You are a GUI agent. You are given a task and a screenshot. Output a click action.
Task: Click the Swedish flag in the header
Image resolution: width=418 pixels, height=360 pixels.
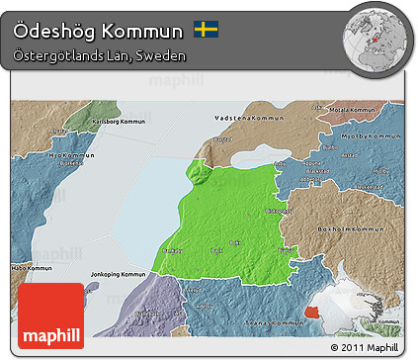pyautogui.click(x=206, y=30)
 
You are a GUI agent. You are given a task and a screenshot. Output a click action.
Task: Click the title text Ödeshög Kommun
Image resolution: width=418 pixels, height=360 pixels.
pyautogui.click(x=99, y=30)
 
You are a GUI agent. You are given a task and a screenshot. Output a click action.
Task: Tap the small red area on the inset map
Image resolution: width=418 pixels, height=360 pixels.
pyautogui.click(x=314, y=312)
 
